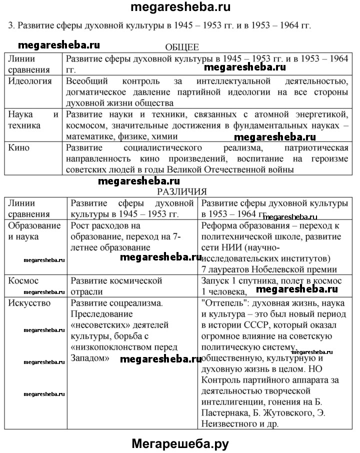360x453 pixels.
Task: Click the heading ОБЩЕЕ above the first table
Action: pos(181,47)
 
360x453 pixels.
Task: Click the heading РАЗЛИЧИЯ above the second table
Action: pos(181,191)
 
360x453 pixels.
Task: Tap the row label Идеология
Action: pos(30,81)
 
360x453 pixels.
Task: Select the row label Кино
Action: pos(19,147)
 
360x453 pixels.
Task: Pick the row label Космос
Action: pos(23,281)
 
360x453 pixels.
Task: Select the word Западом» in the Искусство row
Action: pos(90,358)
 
